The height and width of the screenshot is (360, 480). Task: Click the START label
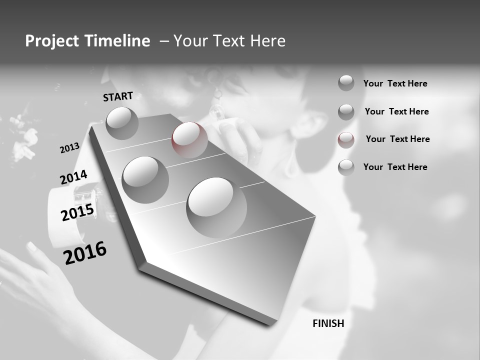tap(118, 96)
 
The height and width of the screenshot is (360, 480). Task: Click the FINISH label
tap(328, 323)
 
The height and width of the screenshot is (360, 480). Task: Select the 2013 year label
tap(69, 148)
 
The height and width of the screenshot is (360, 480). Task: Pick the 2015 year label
tap(77, 212)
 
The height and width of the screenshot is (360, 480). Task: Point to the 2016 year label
tap(85, 253)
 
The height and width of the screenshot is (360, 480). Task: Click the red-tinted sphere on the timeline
tap(189, 139)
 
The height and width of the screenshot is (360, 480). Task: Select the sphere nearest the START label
tap(122, 122)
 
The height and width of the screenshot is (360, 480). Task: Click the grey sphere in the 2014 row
tap(145, 179)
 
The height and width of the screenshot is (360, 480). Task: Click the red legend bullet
tap(346, 140)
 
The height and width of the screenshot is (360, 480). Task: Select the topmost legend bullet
tap(346, 83)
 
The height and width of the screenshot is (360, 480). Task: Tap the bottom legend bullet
tap(346, 167)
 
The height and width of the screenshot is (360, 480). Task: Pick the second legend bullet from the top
tap(346, 112)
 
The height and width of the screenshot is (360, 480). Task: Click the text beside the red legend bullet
tap(397, 139)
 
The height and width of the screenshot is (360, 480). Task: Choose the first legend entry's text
tap(395, 83)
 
